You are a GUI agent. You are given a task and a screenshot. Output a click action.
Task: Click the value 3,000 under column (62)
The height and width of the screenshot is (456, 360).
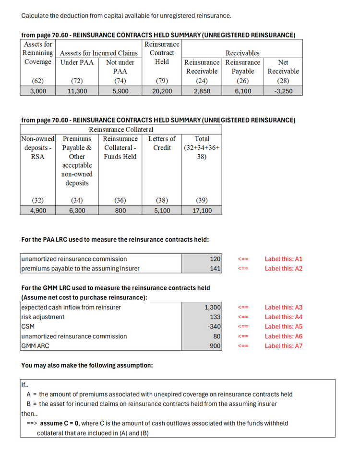[37, 90]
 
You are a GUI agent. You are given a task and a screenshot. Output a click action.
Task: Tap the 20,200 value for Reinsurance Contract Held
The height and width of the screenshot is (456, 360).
[162, 90]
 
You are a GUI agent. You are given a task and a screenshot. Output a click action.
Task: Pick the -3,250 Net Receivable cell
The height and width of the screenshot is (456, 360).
[283, 90]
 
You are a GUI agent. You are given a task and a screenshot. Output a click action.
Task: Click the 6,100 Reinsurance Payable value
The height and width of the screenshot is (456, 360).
[243, 90]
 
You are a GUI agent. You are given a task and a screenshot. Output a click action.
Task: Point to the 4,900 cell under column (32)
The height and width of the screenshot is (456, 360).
[37, 210]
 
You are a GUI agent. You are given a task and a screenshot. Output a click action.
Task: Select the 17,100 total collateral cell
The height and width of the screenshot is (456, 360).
[202, 210]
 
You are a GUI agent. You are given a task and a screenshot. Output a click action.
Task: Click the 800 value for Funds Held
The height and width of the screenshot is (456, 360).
[120, 210]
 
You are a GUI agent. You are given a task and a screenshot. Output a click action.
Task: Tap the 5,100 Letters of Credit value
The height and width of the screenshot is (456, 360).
[162, 210]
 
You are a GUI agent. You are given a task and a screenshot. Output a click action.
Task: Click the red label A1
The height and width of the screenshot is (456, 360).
[283, 259]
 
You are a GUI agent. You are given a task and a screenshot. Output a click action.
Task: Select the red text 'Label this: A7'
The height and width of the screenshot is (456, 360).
[283, 346]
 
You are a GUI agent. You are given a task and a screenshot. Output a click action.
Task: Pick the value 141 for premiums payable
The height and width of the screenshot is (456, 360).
[215, 269]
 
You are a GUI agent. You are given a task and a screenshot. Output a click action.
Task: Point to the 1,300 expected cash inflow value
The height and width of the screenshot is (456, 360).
[212, 308]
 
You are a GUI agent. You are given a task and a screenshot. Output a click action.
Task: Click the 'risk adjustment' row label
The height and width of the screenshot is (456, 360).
[43, 317]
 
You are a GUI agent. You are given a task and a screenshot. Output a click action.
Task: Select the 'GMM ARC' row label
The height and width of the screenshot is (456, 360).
[35, 346]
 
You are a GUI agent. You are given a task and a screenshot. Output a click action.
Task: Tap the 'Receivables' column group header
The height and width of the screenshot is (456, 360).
[242, 53]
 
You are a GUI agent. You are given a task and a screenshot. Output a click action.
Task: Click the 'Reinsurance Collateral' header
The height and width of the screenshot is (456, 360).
[121, 129]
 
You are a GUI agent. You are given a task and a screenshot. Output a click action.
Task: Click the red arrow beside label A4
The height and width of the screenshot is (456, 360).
[243, 317]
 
